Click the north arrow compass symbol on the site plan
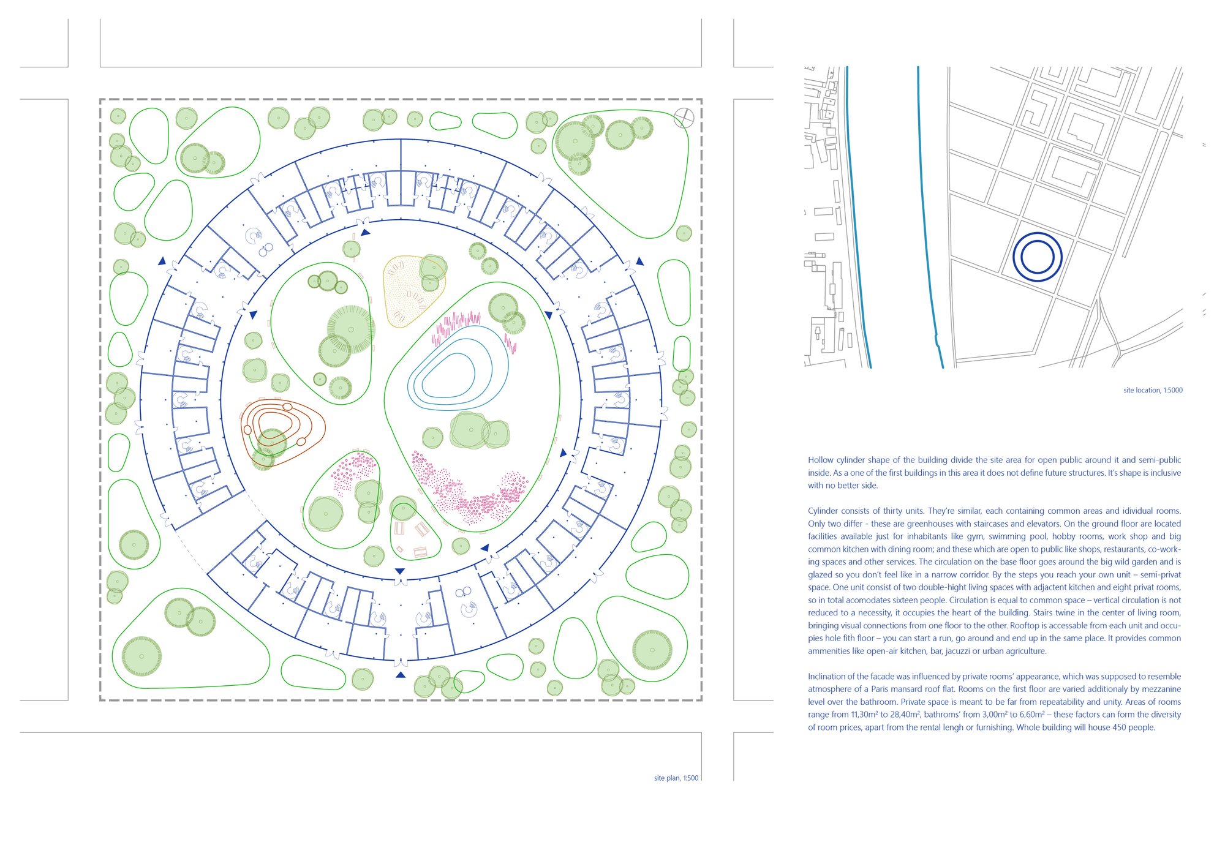pos(684,118)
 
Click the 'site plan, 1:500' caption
pos(676,778)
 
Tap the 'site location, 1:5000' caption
pos(1153,390)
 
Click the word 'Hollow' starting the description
pos(821,460)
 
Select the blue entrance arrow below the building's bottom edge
pos(401,675)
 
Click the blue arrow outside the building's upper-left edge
pos(162,261)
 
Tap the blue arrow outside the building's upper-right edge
pos(639,261)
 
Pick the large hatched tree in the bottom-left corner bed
pos(141,656)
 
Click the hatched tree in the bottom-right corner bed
pos(652,650)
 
